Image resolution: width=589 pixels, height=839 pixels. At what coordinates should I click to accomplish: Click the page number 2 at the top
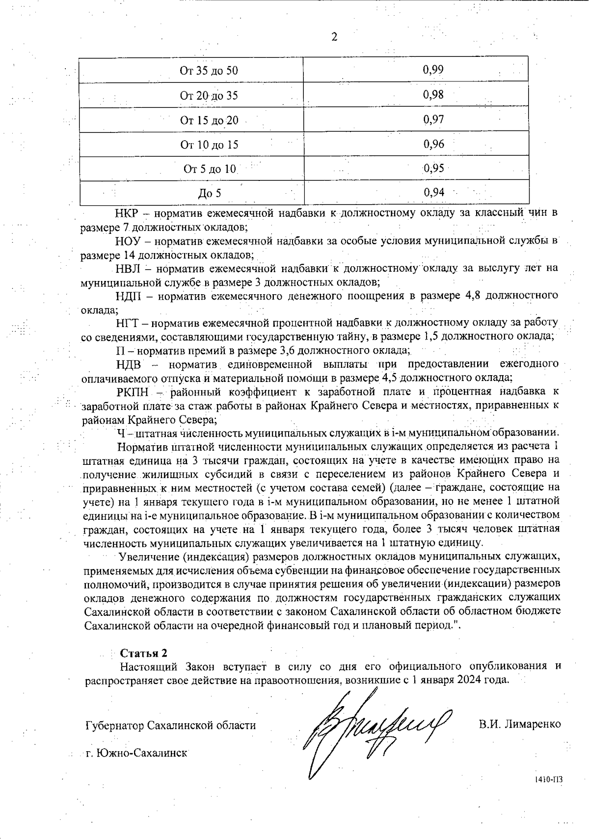point(334,37)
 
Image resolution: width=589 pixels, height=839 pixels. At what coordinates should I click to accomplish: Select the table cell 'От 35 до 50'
point(209,71)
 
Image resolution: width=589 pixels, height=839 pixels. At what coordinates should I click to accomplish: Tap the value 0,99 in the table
point(433,70)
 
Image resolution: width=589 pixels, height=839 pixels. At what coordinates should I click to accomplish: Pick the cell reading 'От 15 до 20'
point(209,120)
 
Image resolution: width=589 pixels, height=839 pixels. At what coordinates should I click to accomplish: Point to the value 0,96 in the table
point(433,144)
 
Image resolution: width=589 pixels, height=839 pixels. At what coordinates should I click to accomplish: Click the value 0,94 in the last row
point(434,193)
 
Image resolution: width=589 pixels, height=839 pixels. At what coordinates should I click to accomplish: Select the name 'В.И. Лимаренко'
point(520,724)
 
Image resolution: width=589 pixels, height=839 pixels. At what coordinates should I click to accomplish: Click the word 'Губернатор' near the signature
point(114,725)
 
